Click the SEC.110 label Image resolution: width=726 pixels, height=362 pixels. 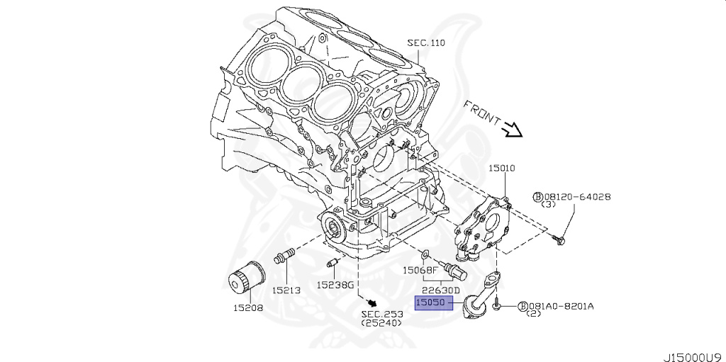coord(425,43)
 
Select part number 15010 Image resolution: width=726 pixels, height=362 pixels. coord(501,169)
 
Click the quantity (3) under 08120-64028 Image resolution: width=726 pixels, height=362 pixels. coord(548,205)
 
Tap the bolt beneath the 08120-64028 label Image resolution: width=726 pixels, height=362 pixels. coord(559,241)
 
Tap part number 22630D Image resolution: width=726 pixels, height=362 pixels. coord(441,290)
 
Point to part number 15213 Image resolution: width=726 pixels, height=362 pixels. coord(286,290)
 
